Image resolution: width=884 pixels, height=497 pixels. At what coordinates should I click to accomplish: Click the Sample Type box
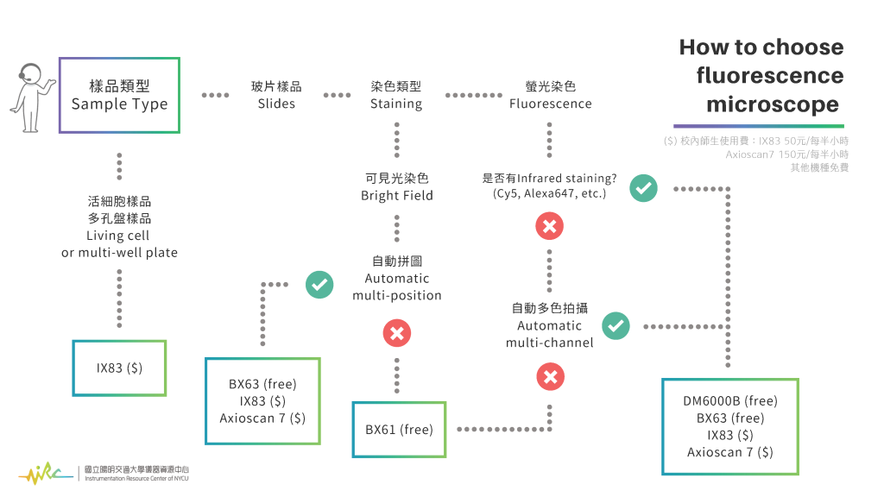119,95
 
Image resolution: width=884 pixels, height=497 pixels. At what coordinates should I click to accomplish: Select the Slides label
276,95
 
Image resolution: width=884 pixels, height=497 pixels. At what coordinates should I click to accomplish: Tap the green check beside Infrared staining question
642,187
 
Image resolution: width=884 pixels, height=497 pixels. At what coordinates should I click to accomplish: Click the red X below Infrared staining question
550,227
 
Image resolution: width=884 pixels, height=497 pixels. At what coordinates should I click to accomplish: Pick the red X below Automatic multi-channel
550,376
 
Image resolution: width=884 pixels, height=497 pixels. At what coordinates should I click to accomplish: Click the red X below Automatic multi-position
396,333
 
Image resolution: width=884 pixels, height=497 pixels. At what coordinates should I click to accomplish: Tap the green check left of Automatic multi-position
319,284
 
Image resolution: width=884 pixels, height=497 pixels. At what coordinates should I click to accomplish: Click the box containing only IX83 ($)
119,368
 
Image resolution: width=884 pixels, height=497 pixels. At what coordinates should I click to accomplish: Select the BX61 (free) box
399,429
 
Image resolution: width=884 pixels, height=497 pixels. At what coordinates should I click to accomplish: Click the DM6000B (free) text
730,400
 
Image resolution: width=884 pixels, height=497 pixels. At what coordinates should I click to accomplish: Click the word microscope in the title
772,104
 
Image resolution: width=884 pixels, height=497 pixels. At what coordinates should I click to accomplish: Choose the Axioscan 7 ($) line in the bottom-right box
730,452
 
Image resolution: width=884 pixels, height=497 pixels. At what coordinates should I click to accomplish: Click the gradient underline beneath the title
759,126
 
